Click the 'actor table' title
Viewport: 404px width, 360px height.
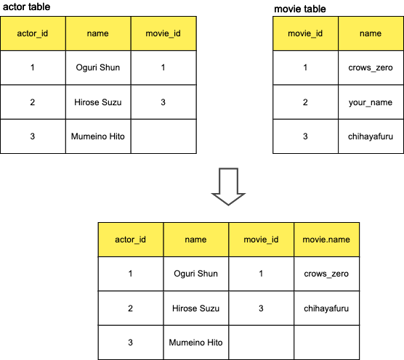pos(27,7)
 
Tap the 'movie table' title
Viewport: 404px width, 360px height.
pos(300,9)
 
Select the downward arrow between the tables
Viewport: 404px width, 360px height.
pos(228,187)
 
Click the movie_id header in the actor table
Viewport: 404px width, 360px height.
pos(163,33)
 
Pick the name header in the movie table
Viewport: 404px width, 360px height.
pos(371,33)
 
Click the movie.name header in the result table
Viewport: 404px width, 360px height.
pos(326,240)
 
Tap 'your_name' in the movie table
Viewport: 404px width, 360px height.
pos(371,102)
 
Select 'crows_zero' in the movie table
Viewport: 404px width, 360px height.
pos(371,67)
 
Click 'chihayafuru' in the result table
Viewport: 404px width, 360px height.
pos(326,308)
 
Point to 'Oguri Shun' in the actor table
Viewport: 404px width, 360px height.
pos(98,67)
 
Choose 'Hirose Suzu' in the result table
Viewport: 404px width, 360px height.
pos(195,308)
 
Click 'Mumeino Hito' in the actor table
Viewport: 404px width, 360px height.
pos(98,136)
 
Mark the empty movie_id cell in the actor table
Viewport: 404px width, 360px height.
pos(163,136)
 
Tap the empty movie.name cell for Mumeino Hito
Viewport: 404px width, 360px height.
pos(327,343)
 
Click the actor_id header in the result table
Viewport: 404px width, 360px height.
pos(130,240)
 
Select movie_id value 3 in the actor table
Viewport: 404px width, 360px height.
pos(163,102)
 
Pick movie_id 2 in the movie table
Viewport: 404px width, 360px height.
pos(305,102)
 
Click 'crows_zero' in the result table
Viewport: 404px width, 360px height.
pos(326,274)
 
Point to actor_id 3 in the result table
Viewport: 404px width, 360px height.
pos(130,343)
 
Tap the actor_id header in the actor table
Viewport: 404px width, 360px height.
pos(33,33)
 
